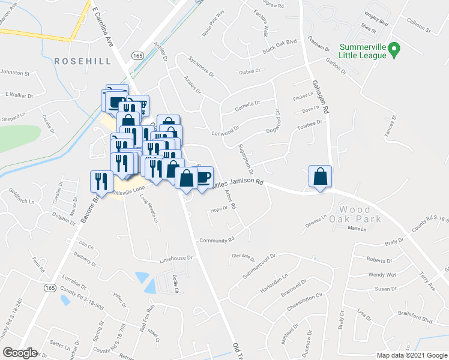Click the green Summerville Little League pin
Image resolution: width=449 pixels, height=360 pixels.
[394, 50]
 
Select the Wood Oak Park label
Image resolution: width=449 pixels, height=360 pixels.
[360, 214]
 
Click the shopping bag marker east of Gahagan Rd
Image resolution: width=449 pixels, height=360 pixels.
[321, 177]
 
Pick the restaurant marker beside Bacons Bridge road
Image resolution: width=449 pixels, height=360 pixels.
[100, 181]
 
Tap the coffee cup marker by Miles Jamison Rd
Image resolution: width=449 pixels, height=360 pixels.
[203, 176]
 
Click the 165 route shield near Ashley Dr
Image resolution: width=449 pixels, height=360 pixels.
[138, 55]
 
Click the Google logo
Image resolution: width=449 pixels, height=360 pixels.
[20, 353]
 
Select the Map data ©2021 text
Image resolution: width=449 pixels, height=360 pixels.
[411, 355]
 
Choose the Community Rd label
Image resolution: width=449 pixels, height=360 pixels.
[217, 240]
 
